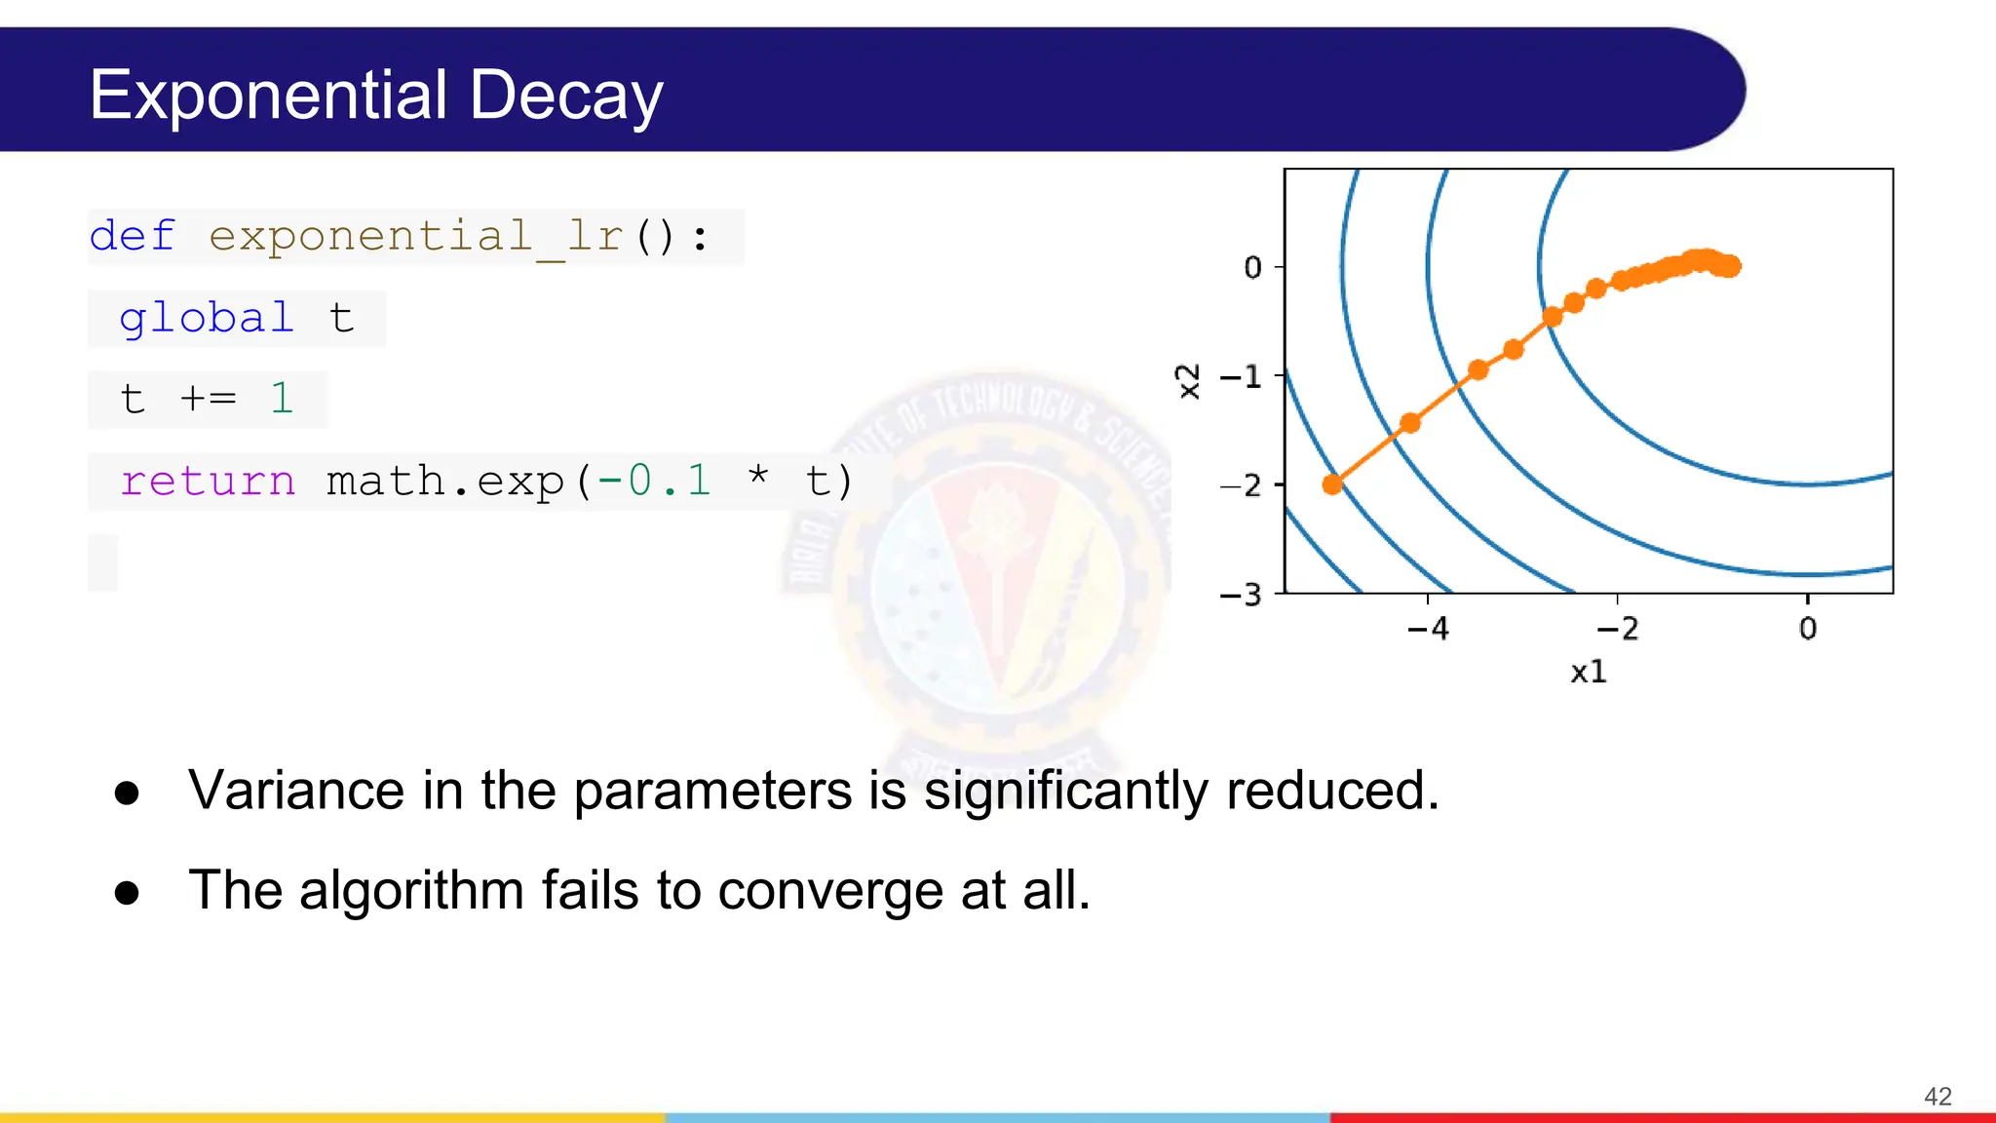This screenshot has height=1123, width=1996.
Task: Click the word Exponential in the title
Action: pos(268,96)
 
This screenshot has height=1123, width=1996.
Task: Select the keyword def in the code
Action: pos(132,237)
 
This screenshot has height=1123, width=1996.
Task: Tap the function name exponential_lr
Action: pos(416,237)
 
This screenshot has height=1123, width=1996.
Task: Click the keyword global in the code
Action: pos(206,319)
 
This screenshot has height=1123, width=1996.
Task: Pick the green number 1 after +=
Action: pos(282,399)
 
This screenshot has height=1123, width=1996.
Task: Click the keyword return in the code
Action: pos(207,482)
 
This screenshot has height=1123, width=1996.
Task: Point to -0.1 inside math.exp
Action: pos(654,482)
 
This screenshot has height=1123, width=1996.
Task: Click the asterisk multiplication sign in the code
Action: pos(758,478)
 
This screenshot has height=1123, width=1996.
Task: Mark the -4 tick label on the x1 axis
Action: pos(1428,629)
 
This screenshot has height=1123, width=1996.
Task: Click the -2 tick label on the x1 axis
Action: pos(1618,629)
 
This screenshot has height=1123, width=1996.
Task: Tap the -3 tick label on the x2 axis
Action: pos(1241,595)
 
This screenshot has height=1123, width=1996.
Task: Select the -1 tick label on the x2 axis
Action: pos(1241,376)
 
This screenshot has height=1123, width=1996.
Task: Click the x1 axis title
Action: pos(1588,672)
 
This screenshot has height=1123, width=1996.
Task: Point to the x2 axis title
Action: pos(1188,381)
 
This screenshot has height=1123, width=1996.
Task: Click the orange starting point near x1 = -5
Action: pos(1332,484)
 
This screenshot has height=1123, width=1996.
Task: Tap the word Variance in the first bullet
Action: pos(296,791)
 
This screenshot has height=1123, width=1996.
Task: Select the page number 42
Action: pos(1938,1097)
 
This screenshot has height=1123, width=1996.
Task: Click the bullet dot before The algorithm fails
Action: pos(127,892)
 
